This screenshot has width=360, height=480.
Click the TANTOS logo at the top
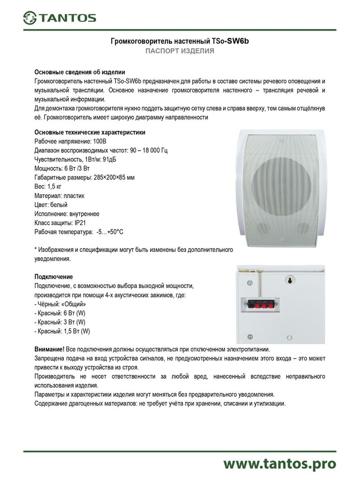[60, 18]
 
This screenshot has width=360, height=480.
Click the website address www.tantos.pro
[279, 464]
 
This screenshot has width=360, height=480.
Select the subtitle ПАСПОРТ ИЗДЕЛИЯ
[180, 51]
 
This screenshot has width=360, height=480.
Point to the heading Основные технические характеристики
[90, 133]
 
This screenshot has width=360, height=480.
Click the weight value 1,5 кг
[54, 187]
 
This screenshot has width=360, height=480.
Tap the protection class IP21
[80, 223]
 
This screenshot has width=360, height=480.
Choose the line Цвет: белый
[51, 205]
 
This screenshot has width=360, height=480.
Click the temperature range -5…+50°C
[109, 232]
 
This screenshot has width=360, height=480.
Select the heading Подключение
[54, 277]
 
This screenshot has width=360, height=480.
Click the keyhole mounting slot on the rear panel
[289, 280]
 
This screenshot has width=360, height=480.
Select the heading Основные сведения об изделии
[80, 72]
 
